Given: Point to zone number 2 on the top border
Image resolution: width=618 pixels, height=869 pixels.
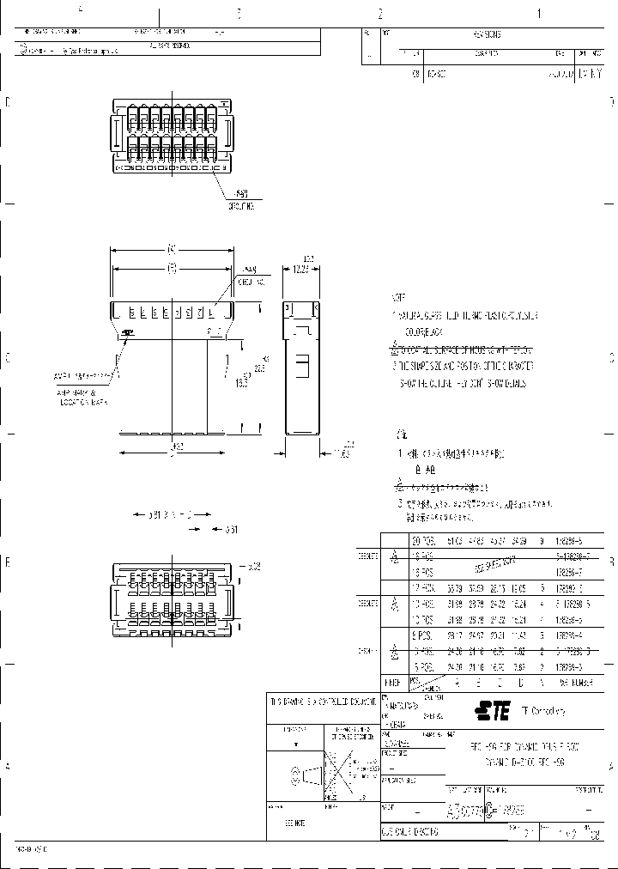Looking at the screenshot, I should (x=379, y=14).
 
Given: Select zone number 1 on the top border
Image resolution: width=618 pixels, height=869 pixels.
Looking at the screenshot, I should (x=538, y=14).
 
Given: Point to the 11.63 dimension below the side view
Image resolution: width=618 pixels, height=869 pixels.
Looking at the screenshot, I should (x=342, y=451).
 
